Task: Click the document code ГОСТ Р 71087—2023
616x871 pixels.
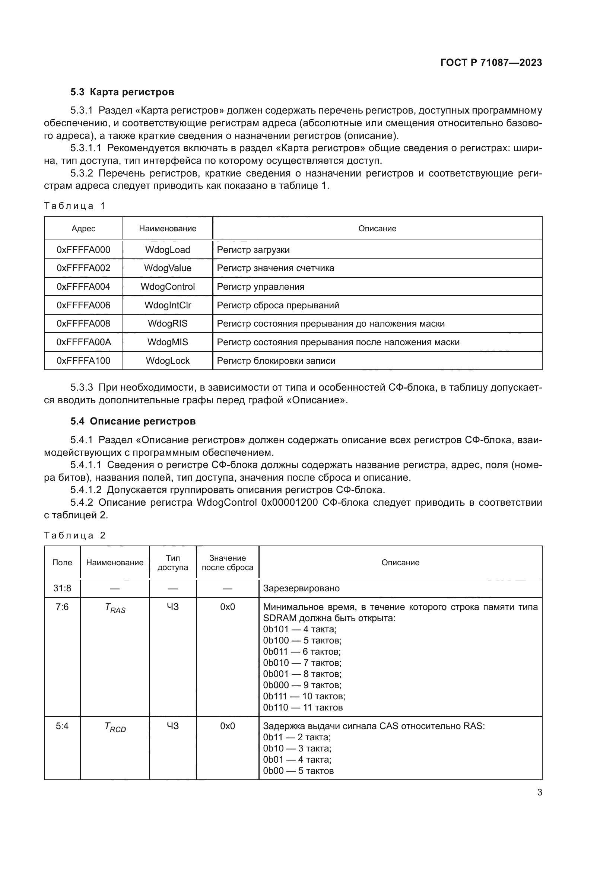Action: pyautogui.click(x=491, y=63)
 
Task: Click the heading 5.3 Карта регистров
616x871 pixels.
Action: pyautogui.click(x=122, y=92)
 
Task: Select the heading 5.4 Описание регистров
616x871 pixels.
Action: pyautogui.click(x=133, y=421)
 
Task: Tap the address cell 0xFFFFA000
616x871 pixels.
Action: pyautogui.click(x=83, y=249)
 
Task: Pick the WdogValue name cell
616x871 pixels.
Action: pyautogui.click(x=168, y=268)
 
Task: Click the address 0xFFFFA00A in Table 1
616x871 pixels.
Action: pyautogui.click(x=83, y=342)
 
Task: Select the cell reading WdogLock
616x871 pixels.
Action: pyautogui.click(x=168, y=361)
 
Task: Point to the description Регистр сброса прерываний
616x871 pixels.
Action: pyautogui.click(x=278, y=305)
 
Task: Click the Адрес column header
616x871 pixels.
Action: pyautogui.click(x=83, y=228)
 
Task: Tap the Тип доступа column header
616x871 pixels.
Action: pyautogui.click(x=172, y=563)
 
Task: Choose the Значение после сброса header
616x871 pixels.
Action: pyautogui.click(x=227, y=563)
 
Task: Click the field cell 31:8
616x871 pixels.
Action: pyautogui.click(x=62, y=588)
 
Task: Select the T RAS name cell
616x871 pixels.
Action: pyautogui.click(x=115, y=608)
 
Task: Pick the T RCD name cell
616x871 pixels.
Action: pyautogui.click(x=115, y=727)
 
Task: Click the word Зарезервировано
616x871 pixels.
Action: pyautogui.click(x=301, y=588)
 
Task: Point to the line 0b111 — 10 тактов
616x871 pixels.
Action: pyautogui.click(x=304, y=696)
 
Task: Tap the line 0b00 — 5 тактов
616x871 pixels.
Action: pyautogui.click(x=298, y=771)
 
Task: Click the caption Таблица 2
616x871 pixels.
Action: pyautogui.click(x=75, y=535)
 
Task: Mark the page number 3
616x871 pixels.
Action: pyautogui.click(x=539, y=792)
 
